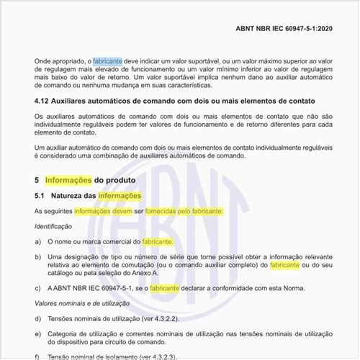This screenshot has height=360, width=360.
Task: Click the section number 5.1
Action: click(41, 195)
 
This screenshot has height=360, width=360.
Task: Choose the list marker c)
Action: click(38, 288)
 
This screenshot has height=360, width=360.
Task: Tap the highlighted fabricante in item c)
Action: click(165, 288)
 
